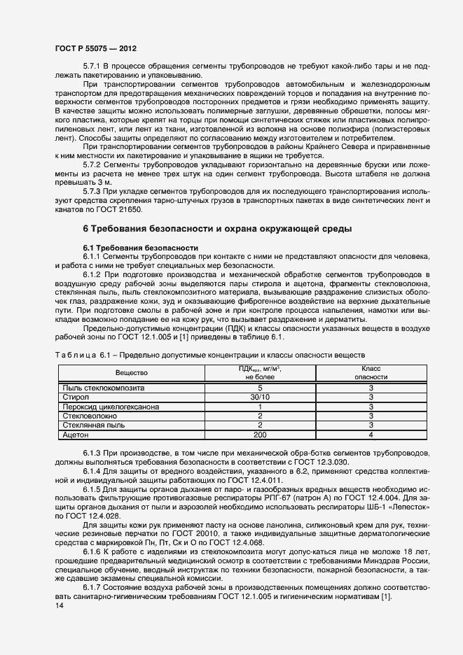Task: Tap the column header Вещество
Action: (131, 373)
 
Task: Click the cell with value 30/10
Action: (260, 397)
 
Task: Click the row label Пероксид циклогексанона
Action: (111, 406)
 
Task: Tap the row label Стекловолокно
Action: (91, 415)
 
